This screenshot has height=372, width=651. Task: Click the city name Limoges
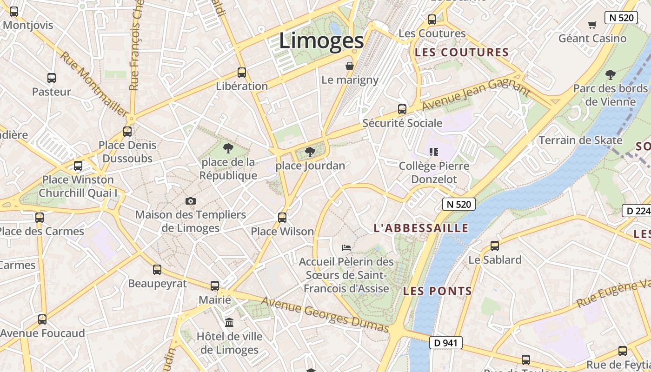321,41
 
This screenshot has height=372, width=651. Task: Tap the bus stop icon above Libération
242,73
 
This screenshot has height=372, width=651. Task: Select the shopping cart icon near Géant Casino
592,25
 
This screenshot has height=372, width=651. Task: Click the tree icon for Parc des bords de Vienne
610,74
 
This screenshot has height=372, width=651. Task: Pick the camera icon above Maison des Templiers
191,201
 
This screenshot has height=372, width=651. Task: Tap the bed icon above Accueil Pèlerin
346,247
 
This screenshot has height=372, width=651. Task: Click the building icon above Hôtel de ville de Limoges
229,322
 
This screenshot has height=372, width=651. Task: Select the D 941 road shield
446,343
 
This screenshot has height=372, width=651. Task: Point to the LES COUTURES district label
462,53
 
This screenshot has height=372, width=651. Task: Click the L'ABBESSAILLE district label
421,228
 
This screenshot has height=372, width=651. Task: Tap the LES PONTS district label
438,292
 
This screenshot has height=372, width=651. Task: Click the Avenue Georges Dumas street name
325,315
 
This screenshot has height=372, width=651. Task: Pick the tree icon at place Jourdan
310,152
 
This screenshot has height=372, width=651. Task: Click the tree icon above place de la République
228,148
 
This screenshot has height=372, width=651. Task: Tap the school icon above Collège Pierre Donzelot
434,152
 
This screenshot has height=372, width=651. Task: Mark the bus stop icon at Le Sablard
495,246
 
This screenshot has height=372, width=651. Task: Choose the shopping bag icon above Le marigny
350,66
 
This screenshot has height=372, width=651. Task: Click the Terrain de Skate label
580,140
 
